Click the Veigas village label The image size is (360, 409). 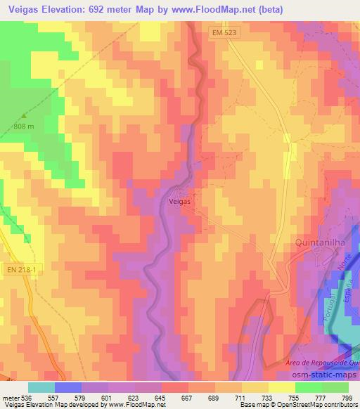point(181,200)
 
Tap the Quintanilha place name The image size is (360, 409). point(317,244)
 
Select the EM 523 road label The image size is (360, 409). point(221,32)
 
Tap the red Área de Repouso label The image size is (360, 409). point(320,362)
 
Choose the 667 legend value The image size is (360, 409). point(187,397)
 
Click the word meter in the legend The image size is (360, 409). point(10,397)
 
